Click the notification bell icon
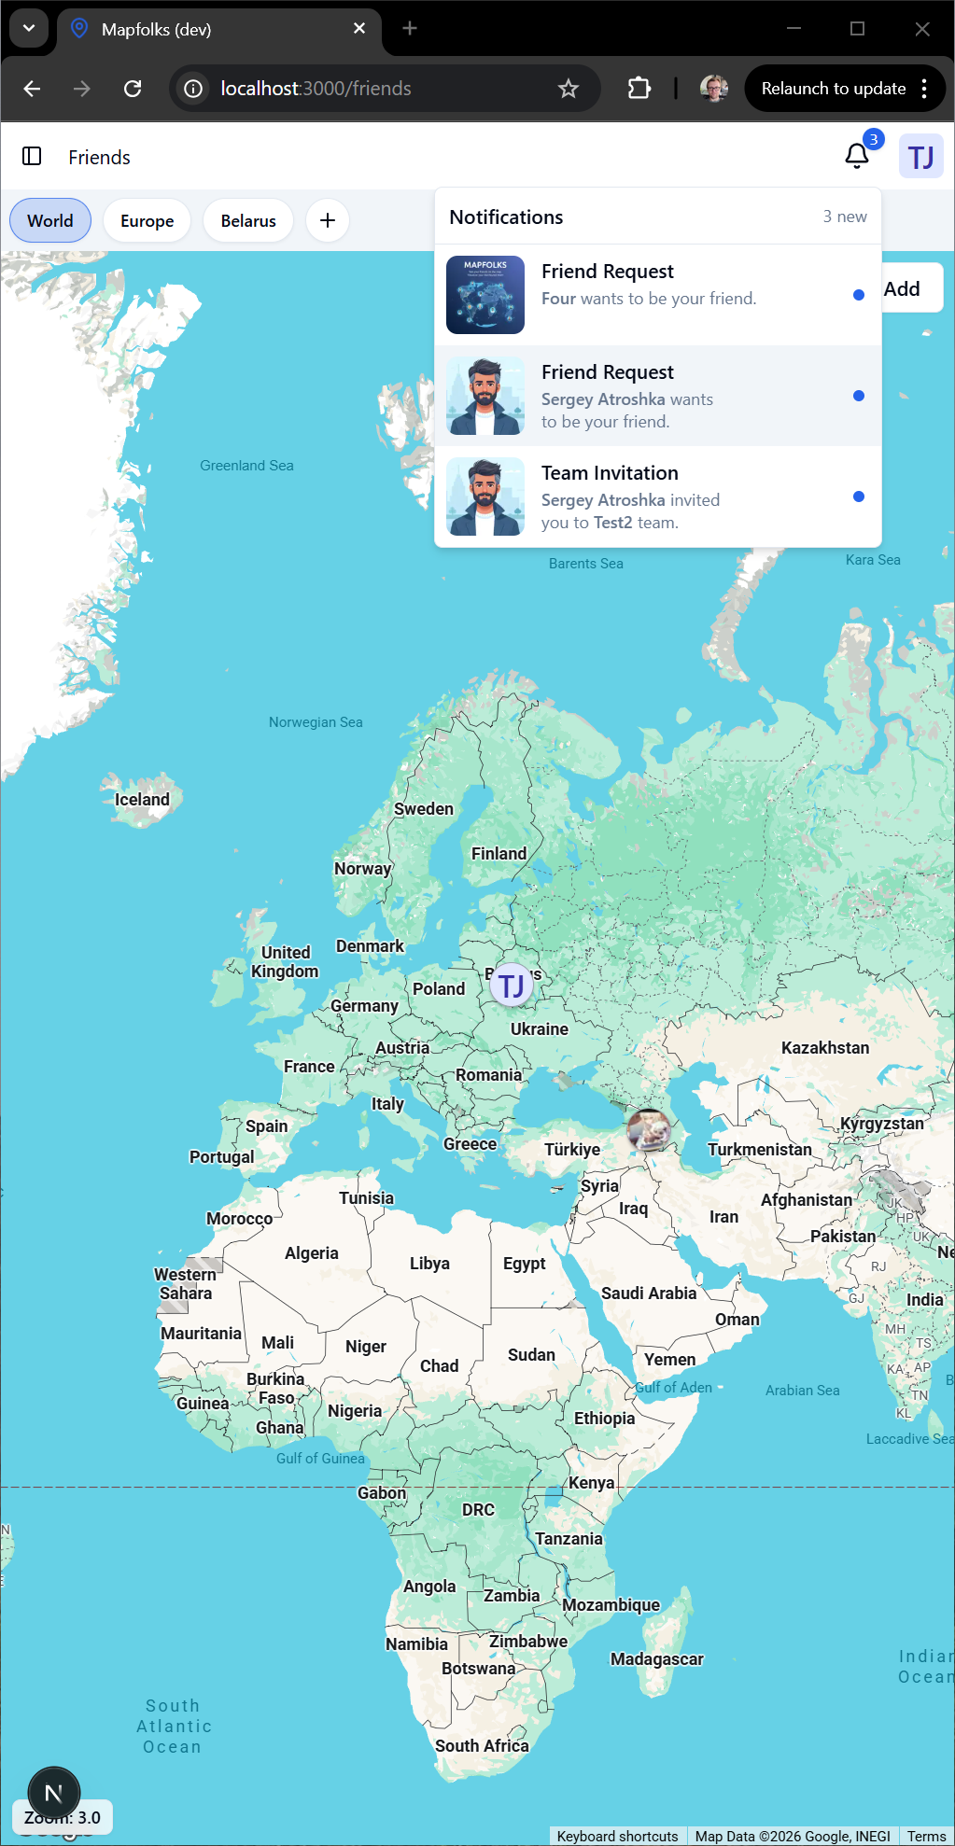pos(856,156)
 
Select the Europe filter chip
pos(147,221)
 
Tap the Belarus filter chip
pos(248,221)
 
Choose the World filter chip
pos(50,221)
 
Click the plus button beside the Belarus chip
pos(328,221)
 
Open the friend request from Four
pos(648,286)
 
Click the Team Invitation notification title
pos(610,473)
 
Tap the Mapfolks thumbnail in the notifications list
pos(485,295)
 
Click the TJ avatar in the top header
pos(920,157)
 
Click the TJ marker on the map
pos(512,986)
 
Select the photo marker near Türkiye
pos(649,1130)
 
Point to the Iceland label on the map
pos(142,800)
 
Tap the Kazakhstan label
pos(825,1048)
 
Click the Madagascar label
pos(657,1659)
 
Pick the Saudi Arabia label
pos(649,1294)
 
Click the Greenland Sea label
pos(246,466)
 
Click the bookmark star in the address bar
pos(569,89)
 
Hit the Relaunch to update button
pos(833,89)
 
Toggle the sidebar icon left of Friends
pos(32,156)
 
